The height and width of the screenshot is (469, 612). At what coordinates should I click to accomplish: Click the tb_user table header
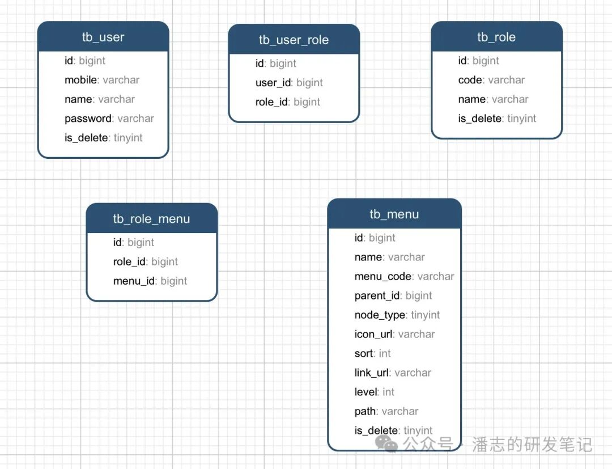coord(103,37)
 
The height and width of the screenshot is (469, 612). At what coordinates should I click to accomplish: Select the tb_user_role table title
coord(294,40)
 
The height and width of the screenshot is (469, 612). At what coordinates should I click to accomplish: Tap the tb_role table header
coord(496,37)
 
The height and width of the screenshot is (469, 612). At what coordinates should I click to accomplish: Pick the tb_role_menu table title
coord(151,219)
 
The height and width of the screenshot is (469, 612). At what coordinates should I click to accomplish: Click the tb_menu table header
coord(394,214)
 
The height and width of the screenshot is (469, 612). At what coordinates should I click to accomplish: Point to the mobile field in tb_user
coord(102,80)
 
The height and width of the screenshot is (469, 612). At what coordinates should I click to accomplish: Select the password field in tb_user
coord(109,119)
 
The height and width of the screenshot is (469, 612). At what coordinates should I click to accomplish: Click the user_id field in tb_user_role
coord(289,83)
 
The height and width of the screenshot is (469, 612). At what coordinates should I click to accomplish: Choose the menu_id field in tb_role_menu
coord(150,281)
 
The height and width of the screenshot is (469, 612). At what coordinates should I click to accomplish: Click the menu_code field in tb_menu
coord(404,276)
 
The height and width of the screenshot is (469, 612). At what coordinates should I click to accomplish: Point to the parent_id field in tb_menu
coord(393,295)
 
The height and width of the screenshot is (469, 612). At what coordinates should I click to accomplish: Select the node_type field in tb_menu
coord(397,315)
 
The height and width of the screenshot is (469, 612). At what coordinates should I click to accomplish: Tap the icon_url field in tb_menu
coord(394,334)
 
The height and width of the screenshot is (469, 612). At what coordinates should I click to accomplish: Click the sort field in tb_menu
coord(372,353)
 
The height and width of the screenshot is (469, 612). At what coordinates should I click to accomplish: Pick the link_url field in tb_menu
coord(393,373)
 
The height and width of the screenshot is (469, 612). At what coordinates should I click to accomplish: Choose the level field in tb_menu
coord(375,392)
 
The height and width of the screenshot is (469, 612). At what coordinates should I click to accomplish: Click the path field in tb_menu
coord(386,411)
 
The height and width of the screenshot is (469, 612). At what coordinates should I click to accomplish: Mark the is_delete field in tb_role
coord(497,119)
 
